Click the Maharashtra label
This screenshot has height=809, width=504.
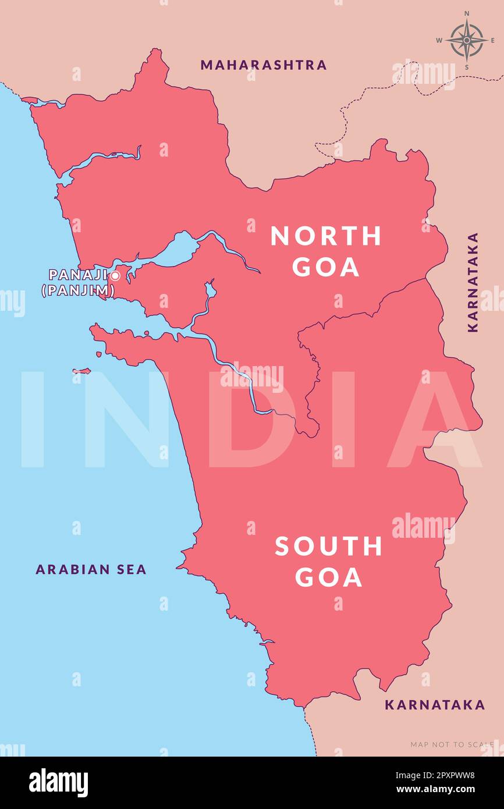coord(263,65)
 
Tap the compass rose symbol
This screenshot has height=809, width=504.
coord(466,41)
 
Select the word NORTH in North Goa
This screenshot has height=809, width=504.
coord(326,236)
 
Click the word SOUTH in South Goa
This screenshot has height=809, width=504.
coord(329,547)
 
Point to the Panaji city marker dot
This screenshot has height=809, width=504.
coord(115,276)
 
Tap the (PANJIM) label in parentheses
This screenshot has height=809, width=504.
coord(78,290)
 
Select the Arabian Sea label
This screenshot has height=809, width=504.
coord(91,569)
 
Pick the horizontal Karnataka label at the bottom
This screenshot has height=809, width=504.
coord(434,705)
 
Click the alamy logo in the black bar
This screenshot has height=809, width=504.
coord(58,782)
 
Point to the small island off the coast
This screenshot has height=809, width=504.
coord(81,371)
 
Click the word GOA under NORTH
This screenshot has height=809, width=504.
coord(326,267)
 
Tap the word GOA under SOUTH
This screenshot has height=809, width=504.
coord(329,577)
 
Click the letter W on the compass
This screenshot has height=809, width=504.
coord(440,41)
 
